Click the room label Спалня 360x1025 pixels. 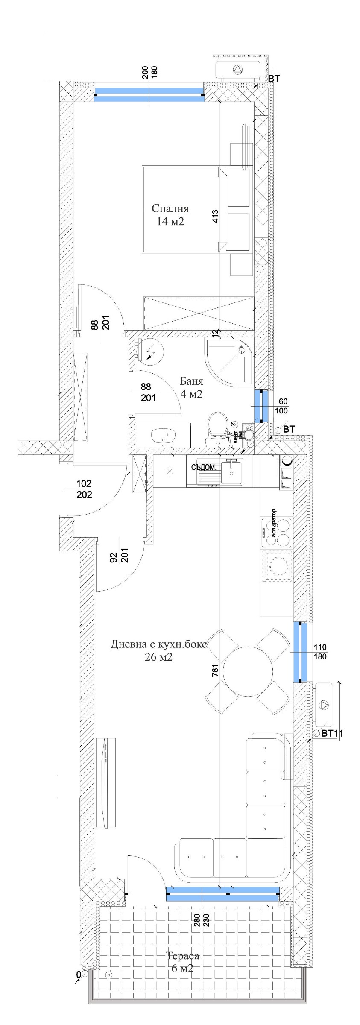[x=170, y=209]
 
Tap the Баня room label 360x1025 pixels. [x=191, y=381]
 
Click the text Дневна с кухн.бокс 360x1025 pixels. [x=158, y=644]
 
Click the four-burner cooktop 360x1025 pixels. [x=277, y=532]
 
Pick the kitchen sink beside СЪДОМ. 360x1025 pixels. [x=231, y=472]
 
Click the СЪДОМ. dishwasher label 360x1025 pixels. [x=204, y=467]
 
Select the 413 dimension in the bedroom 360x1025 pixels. [x=215, y=216]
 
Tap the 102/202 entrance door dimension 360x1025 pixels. [x=84, y=489]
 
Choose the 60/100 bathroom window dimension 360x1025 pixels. [x=283, y=406]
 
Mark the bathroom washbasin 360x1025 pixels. [x=163, y=436]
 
